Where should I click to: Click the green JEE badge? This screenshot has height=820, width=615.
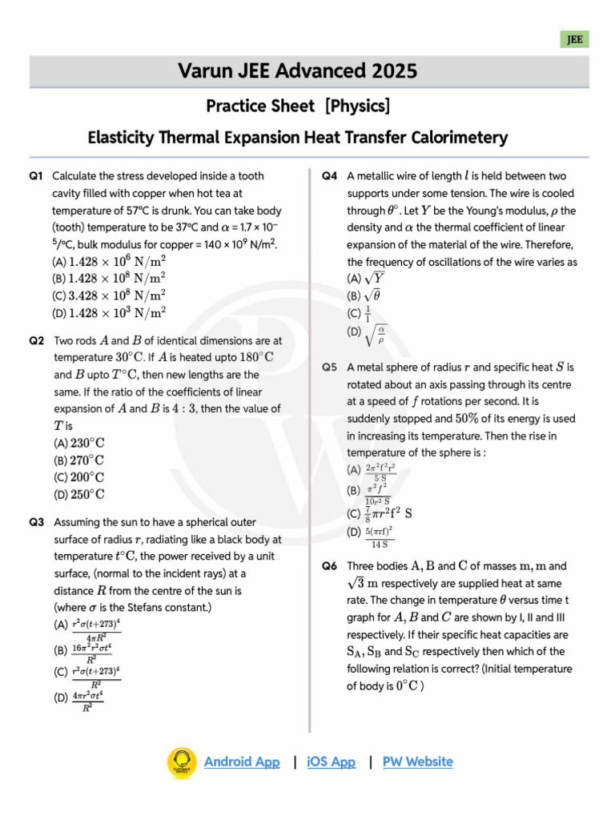pos(574,39)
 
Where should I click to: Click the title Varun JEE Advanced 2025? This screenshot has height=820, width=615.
pos(298,72)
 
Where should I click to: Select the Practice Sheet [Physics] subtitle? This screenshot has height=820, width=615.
pos(298,106)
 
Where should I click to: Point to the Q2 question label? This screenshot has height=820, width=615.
pos(36,340)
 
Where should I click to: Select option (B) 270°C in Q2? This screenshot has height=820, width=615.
pos(79,460)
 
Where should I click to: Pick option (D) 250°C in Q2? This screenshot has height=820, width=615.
pos(79,495)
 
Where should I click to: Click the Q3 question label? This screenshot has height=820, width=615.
pos(36,522)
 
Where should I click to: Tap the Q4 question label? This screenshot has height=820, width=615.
pos(329,175)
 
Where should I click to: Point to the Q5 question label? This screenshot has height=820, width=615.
pos(329,368)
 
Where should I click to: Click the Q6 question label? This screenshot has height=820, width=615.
pos(329,566)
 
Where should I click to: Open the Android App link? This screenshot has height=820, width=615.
pos(242,762)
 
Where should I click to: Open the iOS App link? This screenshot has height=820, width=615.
pos(331,762)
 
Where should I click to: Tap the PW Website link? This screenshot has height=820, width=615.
pos(417,762)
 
